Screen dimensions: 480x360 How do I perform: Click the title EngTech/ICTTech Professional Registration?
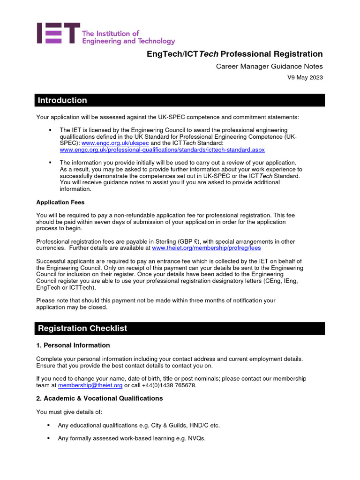click(235, 54)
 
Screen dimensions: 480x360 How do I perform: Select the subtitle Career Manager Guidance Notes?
click(269, 67)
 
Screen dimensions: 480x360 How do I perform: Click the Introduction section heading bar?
click(180, 100)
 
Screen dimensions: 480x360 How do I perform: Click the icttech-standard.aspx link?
click(162, 150)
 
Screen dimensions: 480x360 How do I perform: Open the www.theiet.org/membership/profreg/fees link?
click(206, 248)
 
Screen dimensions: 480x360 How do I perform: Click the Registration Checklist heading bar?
click(180, 329)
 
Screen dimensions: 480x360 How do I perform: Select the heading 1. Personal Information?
click(73, 345)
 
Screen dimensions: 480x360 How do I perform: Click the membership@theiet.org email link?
click(90, 385)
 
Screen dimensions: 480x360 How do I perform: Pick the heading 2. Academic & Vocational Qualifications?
click(99, 398)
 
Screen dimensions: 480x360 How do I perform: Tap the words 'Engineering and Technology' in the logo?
click(128, 41)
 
